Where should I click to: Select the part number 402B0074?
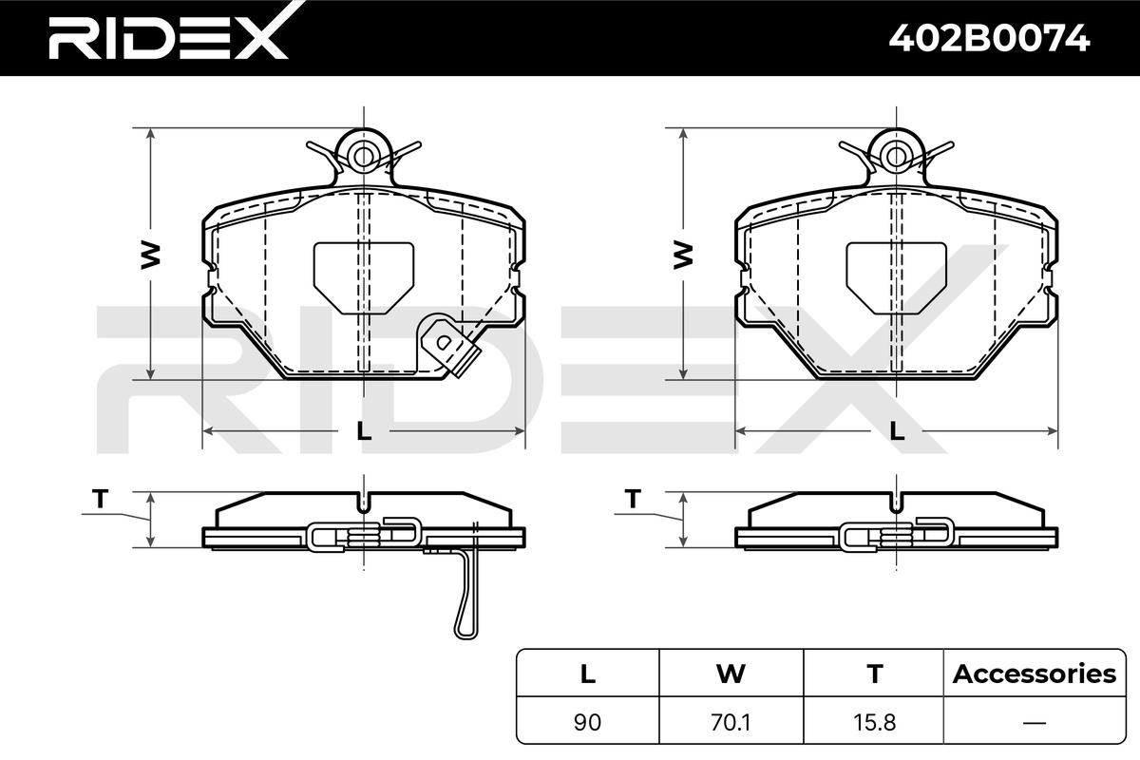point(989,39)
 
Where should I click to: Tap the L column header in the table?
point(588,674)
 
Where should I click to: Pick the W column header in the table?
point(731,674)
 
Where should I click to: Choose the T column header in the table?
point(875,674)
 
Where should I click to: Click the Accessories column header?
point(1035,674)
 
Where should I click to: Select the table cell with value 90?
point(587,722)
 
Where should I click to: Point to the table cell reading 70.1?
point(731,722)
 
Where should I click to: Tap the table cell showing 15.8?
point(874,722)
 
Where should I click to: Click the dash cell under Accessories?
point(1035,722)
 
